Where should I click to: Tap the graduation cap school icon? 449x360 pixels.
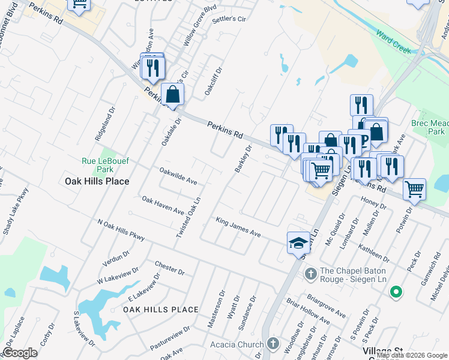(298, 243)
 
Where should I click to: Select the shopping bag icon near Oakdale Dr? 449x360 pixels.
(172, 95)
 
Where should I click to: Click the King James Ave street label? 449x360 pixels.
(238, 228)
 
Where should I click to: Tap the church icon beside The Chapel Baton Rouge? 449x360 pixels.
(310, 274)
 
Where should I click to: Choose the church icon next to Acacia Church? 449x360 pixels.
(273, 344)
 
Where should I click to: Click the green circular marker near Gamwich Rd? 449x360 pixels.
(396, 293)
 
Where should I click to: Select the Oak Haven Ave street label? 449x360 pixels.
(162, 205)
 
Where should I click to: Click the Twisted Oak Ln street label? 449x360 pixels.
(188, 217)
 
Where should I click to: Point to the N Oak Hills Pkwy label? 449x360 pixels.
(122, 230)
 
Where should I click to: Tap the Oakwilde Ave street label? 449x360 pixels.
(178, 175)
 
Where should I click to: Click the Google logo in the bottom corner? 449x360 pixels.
(20, 353)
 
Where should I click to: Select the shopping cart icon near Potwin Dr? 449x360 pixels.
(414, 190)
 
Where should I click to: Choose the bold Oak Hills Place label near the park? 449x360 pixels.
(97, 181)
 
